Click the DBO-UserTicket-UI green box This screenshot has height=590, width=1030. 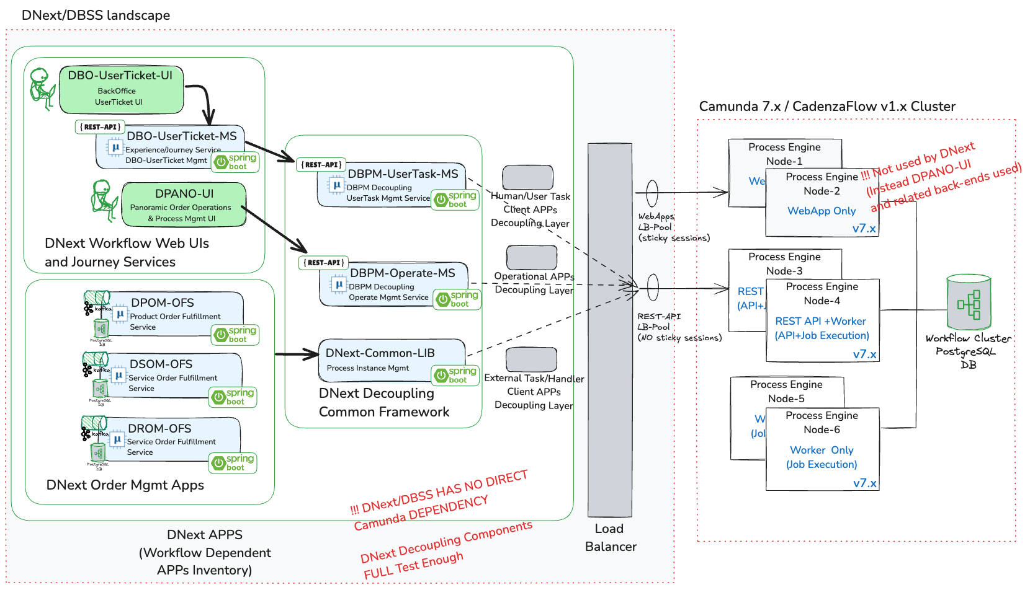(121, 89)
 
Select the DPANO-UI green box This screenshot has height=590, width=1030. (184, 205)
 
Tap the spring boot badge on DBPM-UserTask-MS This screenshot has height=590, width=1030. (457, 200)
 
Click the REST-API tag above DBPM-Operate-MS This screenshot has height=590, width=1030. (323, 263)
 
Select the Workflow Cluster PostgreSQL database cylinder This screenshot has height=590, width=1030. (969, 303)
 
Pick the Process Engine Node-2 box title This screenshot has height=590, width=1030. (822, 183)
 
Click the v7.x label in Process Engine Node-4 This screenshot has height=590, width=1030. (864, 354)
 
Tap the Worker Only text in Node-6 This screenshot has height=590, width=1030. (822, 450)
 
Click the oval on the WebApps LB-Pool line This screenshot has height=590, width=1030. (652, 193)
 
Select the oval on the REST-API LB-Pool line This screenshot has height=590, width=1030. (653, 288)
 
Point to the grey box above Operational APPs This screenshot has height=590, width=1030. (531, 257)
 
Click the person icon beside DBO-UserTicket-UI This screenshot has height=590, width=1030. (42, 89)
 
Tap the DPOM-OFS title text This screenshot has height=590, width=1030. (163, 302)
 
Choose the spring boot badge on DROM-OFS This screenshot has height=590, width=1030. (233, 463)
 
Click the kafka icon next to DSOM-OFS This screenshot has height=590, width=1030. (87, 370)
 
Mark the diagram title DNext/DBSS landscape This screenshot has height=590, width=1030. (96, 15)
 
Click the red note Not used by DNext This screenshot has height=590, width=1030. (925, 159)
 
